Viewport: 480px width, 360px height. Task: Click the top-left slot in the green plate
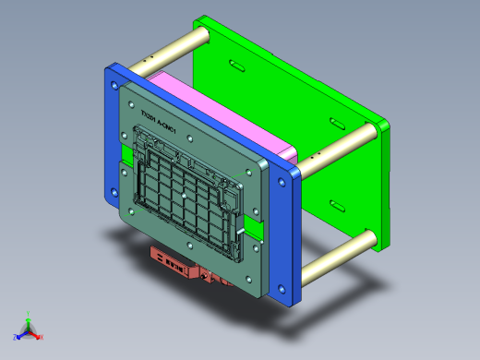(x=236, y=66)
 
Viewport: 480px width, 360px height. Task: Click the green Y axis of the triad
(x=29, y=317)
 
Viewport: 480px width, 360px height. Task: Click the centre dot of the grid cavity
(x=186, y=195)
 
